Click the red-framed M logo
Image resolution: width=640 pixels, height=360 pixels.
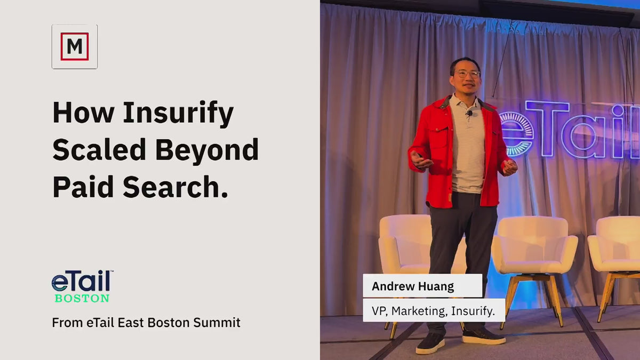(x=75, y=46)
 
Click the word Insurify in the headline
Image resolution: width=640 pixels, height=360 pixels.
(x=178, y=114)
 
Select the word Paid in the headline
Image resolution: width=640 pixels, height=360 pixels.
(x=83, y=187)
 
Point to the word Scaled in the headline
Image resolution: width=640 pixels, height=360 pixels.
(x=99, y=149)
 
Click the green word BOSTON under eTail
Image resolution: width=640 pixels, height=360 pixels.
(x=82, y=298)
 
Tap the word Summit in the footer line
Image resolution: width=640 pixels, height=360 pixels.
(x=217, y=323)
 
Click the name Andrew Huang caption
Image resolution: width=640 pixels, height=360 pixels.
(x=413, y=286)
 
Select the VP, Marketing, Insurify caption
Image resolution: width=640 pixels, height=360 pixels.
(x=433, y=311)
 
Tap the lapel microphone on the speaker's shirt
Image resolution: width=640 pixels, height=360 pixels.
(x=469, y=114)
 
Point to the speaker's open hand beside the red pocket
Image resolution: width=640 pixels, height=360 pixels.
(x=421, y=160)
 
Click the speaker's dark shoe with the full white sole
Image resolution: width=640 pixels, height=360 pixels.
(x=484, y=336)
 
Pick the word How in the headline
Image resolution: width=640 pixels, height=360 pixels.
(x=83, y=113)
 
